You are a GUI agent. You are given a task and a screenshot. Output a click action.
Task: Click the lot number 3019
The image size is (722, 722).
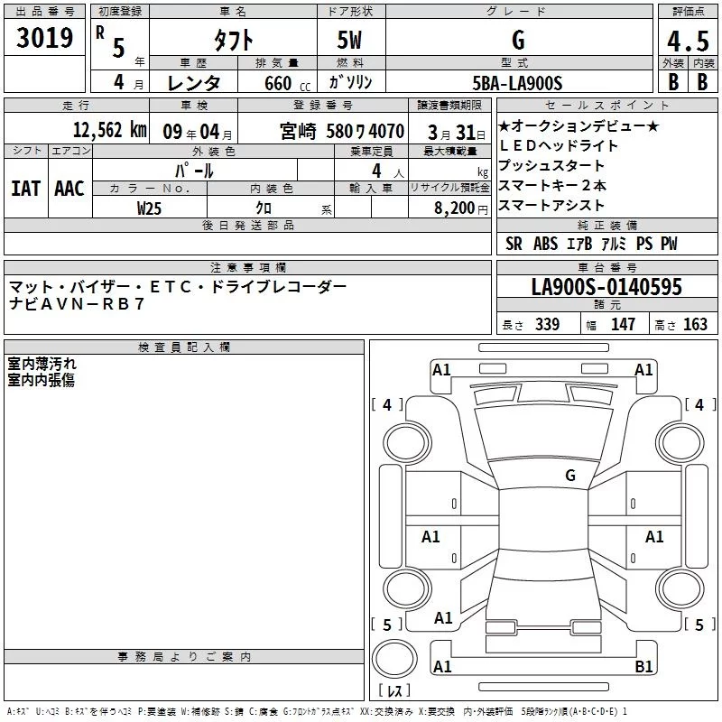pos(44,37)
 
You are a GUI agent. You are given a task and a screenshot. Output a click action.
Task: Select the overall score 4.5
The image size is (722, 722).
pos(688,41)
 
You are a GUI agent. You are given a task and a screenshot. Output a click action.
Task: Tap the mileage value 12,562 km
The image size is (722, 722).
pos(109,130)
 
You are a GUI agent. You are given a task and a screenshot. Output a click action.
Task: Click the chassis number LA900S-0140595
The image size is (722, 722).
pos(606,286)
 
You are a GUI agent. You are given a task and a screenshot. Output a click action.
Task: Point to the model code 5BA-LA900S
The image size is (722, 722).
pos(517,83)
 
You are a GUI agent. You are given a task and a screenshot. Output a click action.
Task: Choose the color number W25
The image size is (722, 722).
pos(149,208)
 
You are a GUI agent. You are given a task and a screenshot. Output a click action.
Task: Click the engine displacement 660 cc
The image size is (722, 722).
pos(287,83)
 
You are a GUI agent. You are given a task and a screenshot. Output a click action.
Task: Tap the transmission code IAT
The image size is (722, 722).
pos(26,189)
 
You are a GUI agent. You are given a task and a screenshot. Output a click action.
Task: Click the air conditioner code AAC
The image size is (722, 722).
pos(69,189)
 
